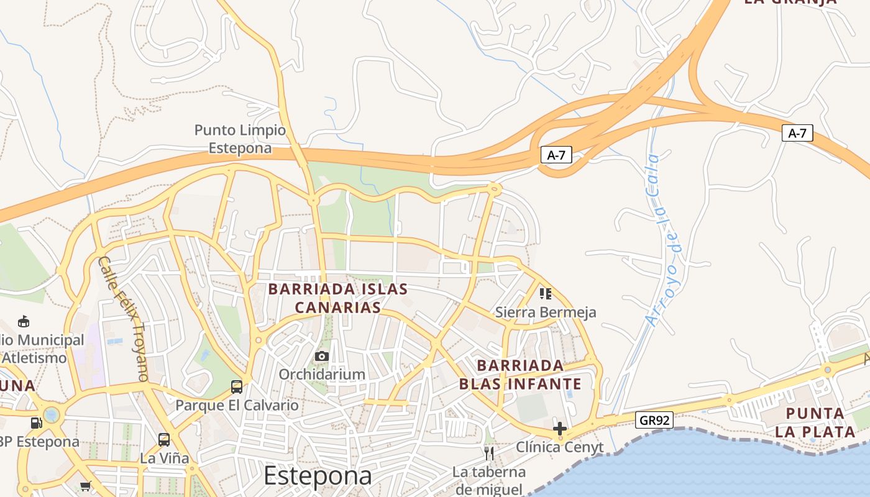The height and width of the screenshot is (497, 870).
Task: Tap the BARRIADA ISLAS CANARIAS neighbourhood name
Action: coord(337,298)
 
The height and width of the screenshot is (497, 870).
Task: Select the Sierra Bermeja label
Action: coord(546,312)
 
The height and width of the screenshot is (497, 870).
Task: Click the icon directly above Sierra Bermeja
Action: coord(546,293)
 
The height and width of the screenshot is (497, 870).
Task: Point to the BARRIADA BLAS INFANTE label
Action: coord(520,375)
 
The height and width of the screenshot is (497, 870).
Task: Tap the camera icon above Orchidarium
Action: coord(321,356)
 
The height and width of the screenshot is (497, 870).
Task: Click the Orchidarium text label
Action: coord(321,375)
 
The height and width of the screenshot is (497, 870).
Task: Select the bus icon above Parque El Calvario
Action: coord(237,387)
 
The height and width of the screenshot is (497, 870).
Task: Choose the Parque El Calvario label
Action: coord(237,406)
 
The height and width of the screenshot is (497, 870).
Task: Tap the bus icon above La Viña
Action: coord(164,440)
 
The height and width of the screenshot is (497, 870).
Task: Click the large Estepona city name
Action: coord(318,476)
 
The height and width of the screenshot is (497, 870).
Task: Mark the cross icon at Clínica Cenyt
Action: coord(560,429)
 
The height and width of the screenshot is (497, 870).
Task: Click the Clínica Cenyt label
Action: coord(560,447)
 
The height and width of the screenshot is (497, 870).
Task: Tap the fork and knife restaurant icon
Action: coord(489,453)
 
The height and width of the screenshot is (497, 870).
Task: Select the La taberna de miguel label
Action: coord(489,480)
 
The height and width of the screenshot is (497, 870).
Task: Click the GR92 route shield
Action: coord(655,421)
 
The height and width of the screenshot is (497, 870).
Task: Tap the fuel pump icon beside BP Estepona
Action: coord(37,423)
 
